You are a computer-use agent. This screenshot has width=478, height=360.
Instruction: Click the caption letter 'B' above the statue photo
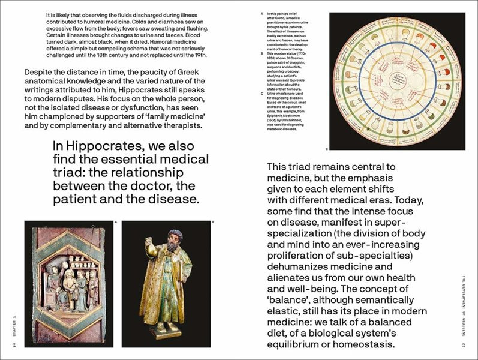[x=214, y=223]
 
